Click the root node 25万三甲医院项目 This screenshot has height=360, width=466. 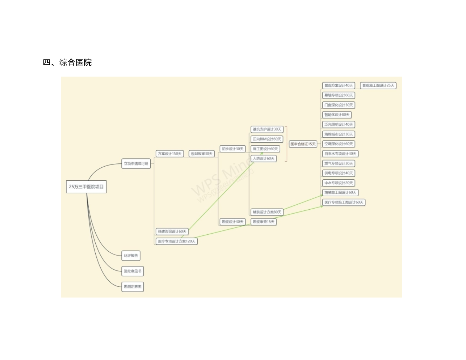[86, 187]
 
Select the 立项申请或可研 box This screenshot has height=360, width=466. [136, 164]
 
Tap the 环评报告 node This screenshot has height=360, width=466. [131, 256]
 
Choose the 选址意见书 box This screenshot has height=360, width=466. [132, 271]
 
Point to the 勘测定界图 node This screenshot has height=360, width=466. [132, 287]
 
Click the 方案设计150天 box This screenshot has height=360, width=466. [169, 154]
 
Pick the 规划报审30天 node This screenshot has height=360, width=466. [202, 154]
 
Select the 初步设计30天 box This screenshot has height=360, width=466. [233, 149]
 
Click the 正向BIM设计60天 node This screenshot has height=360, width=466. [267, 139]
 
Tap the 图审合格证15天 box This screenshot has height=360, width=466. [303, 144]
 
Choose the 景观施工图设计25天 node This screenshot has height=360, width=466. [378, 85]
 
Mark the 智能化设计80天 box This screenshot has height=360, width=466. [337, 115]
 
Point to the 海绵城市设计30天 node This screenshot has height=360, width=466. [339, 134]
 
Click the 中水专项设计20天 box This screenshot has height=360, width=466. [339, 183]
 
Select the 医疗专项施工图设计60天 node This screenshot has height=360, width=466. [343, 202]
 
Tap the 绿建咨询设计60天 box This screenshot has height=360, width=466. [172, 232]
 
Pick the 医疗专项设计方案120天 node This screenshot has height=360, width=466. [177, 241]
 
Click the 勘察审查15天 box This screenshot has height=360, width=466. [263, 222]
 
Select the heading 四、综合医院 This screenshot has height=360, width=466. [67, 62]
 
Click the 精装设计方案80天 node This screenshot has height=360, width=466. [267, 212]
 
